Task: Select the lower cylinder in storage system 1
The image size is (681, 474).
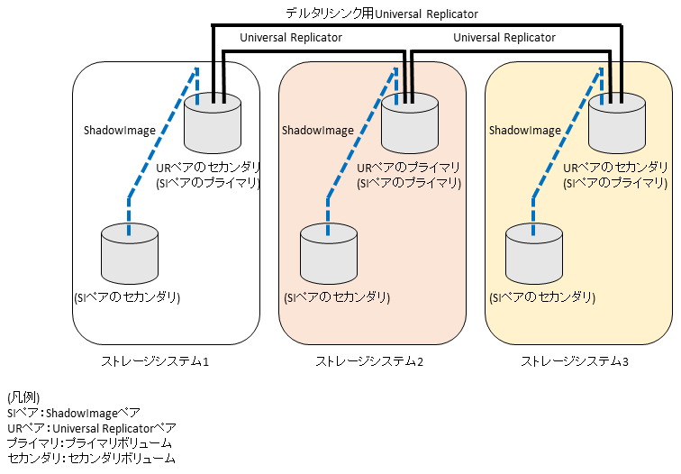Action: click(130, 254)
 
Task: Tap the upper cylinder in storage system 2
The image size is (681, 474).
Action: click(410, 125)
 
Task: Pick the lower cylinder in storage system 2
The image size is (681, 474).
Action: click(329, 254)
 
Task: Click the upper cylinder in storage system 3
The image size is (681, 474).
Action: click(617, 125)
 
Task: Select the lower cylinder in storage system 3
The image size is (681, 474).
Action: click(534, 254)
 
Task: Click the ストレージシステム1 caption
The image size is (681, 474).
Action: click(155, 362)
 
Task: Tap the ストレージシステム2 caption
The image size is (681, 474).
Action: click(368, 362)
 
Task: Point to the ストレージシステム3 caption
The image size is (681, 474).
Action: click(575, 362)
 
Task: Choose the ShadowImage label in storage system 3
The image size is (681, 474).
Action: click(525, 131)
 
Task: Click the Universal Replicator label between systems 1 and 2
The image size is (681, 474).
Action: click(291, 38)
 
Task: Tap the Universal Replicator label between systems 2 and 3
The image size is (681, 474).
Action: click(504, 38)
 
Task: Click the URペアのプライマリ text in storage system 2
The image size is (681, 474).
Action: click(409, 168)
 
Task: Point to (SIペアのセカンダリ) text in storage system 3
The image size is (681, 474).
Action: click(540, 297)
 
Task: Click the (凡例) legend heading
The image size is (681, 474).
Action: click(23, 397)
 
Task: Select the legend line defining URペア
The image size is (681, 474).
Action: click(91, 428)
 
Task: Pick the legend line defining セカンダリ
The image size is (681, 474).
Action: click(90, 459)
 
